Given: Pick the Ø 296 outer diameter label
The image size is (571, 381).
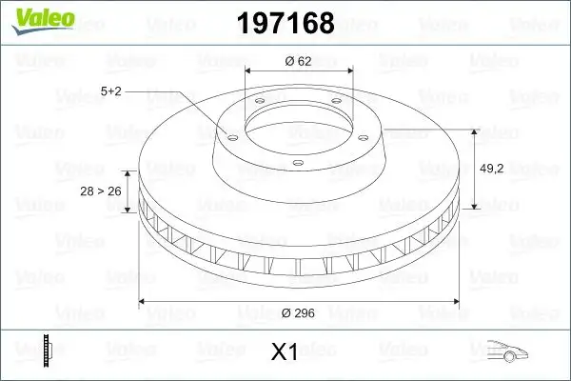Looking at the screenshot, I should point(298,311).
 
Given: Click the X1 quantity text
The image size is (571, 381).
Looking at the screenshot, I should point(285,352).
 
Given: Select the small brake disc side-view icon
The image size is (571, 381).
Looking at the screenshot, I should point(47,350).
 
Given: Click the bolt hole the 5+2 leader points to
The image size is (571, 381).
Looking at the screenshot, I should point(228,134).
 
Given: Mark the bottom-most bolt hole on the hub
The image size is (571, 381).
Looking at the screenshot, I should point(296,163).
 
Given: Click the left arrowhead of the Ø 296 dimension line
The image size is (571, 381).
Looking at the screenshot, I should point(145,301).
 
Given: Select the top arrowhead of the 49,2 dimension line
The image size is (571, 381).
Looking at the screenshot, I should point(473,131).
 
